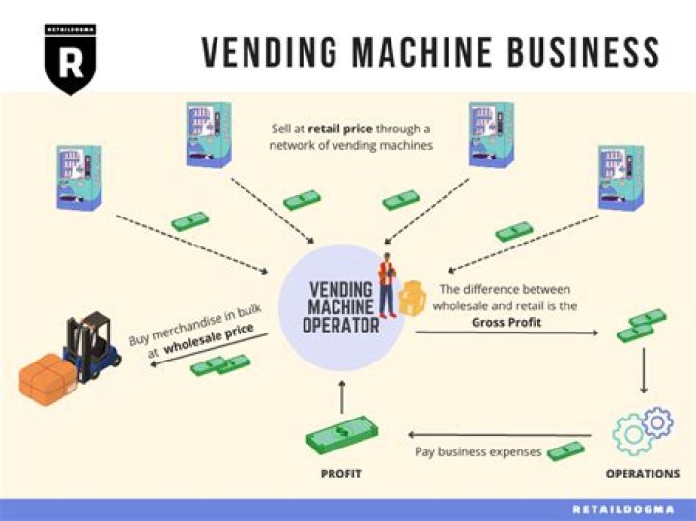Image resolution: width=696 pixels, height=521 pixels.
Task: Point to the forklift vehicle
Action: coord(93,346)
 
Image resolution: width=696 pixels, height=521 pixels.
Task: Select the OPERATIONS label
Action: coord(642,474)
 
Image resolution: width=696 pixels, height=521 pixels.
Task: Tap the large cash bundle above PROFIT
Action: coord(341,434)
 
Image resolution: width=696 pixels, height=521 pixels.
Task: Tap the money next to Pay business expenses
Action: coord(565,449)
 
